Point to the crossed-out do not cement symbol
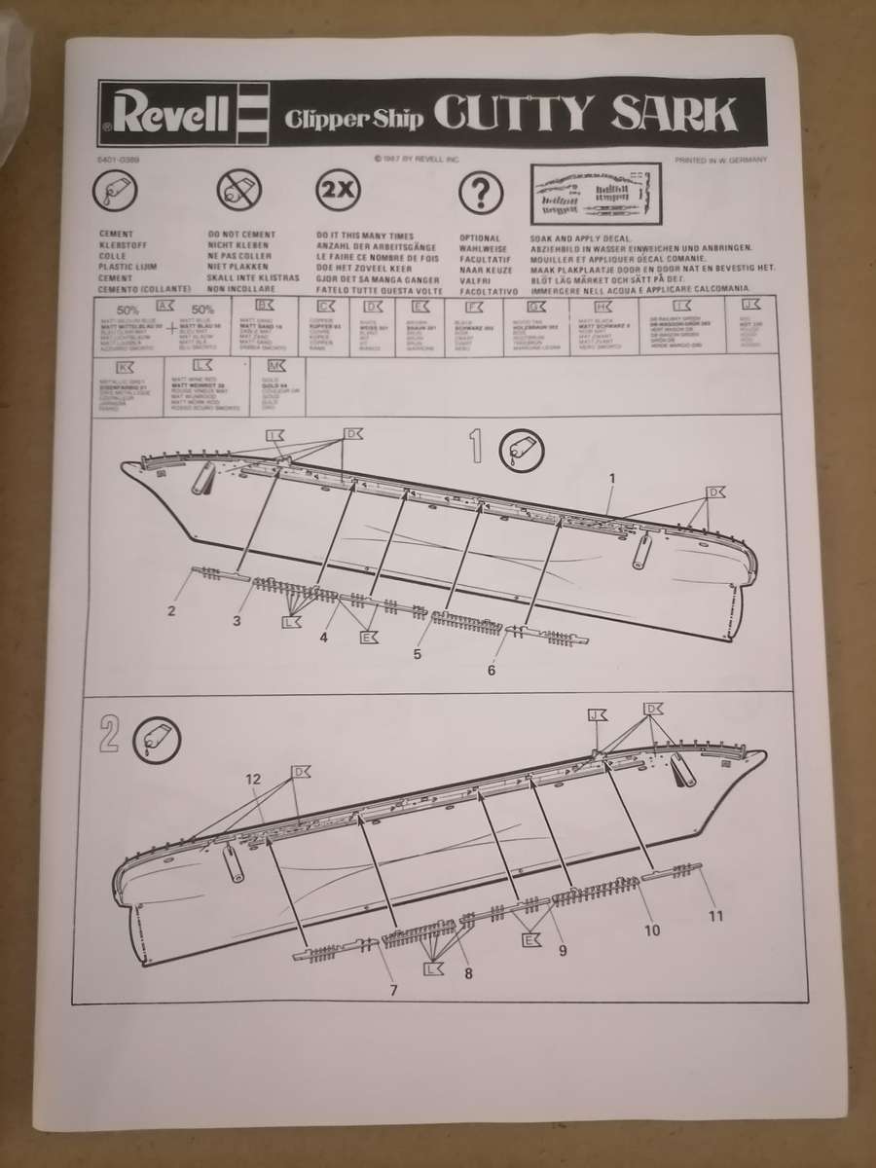point(234,190)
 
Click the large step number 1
point(477,447)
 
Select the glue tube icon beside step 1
point(520,450)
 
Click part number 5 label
point(418,654)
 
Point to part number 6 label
point(492,670)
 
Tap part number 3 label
point(237,620)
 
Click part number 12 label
point(253,780)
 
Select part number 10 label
point(652,930)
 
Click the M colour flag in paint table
point(275,367)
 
